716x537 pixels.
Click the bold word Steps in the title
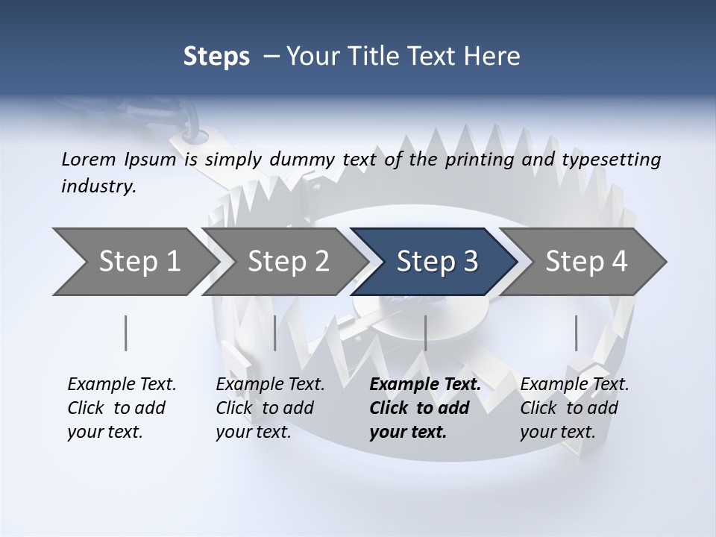(216, 57)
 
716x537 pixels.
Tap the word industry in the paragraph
(97, 186)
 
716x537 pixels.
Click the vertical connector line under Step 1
(125, 333)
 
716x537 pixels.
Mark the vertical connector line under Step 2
(275, 333)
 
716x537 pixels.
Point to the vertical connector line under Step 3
(425, 333)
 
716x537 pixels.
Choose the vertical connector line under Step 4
(576, 333)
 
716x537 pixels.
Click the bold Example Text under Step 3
(425, 385)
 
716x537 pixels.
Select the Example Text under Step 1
(122, 385)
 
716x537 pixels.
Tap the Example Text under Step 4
(574, 385)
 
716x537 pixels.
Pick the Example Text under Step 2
(270, 385)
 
